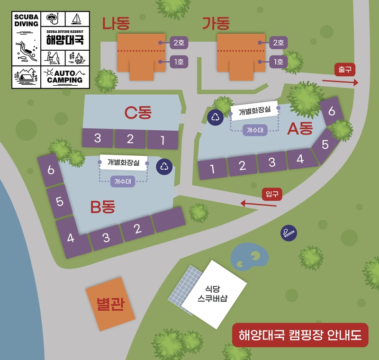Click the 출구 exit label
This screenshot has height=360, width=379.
tap(344, 69)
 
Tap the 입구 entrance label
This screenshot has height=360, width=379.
tap(272, 194)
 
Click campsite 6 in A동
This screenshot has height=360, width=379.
tap(332, 111)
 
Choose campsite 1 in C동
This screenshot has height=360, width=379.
tap(162, 140)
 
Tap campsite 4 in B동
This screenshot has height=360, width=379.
tap(71, 238)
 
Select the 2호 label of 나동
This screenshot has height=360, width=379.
tap(179, 43)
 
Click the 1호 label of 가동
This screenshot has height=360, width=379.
tap(278, 61)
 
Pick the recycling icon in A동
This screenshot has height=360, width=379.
tap(216, 117)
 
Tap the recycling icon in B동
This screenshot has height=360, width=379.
tap(164, 166)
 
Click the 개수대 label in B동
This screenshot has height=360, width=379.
tap(123, 180)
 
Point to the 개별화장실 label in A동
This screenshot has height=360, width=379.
tap(254, 111)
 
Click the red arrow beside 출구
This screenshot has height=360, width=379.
tap(340, 82)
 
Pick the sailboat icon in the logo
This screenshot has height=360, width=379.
tap(76, 19)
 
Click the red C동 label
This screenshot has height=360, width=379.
tap(137, 113)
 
